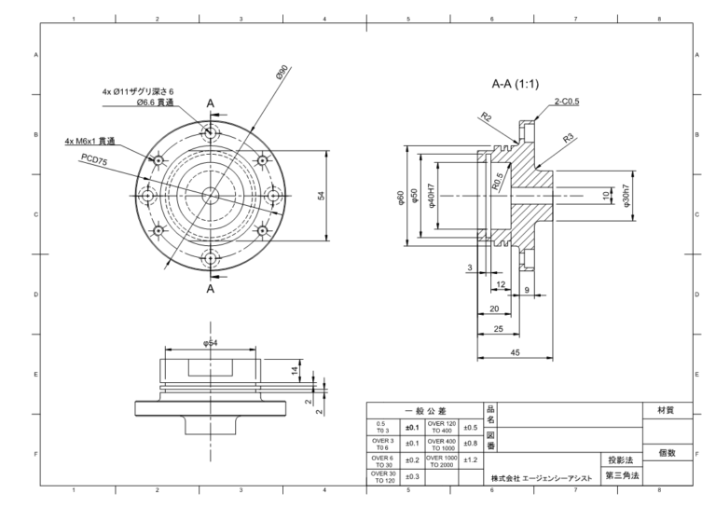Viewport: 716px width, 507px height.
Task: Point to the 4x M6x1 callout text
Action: [x=89, y=142]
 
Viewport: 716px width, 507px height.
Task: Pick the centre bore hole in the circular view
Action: [x=211, y=195]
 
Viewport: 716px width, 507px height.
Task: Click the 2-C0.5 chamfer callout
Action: [x=566, y=101]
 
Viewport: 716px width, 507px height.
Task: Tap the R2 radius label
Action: [x=486, y=117]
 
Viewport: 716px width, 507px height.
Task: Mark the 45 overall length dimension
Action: [x=516, y=352]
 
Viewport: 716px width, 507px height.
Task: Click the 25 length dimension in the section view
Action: [x=499, y=329]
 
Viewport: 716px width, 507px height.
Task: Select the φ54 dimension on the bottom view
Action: [x=210, y=344]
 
